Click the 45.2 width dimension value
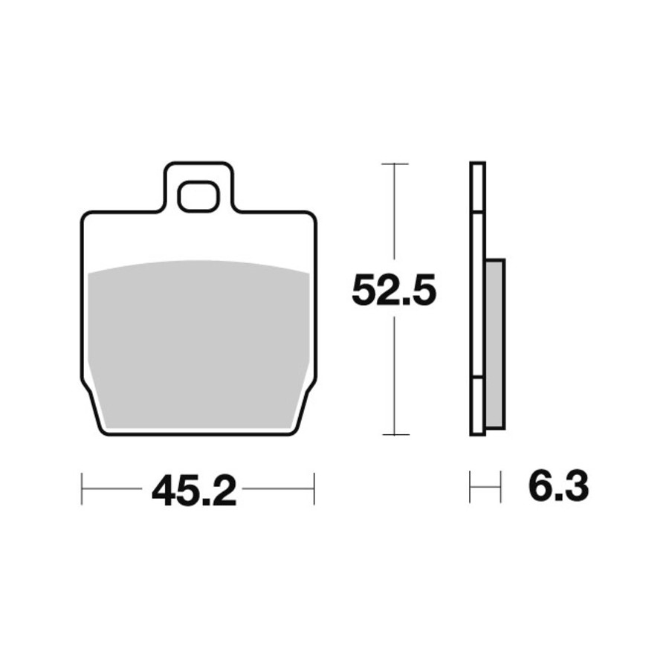tap(194, 491)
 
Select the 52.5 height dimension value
tap(394, 290)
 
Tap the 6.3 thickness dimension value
tap(558, 486)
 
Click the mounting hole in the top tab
tap(198, 196)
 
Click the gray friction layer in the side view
tap(495, 343)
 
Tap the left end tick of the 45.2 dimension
tap(82, 488)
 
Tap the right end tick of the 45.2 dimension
tap(314, 488)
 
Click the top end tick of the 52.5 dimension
tap(395, 164)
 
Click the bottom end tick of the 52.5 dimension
tap(395, 435)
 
